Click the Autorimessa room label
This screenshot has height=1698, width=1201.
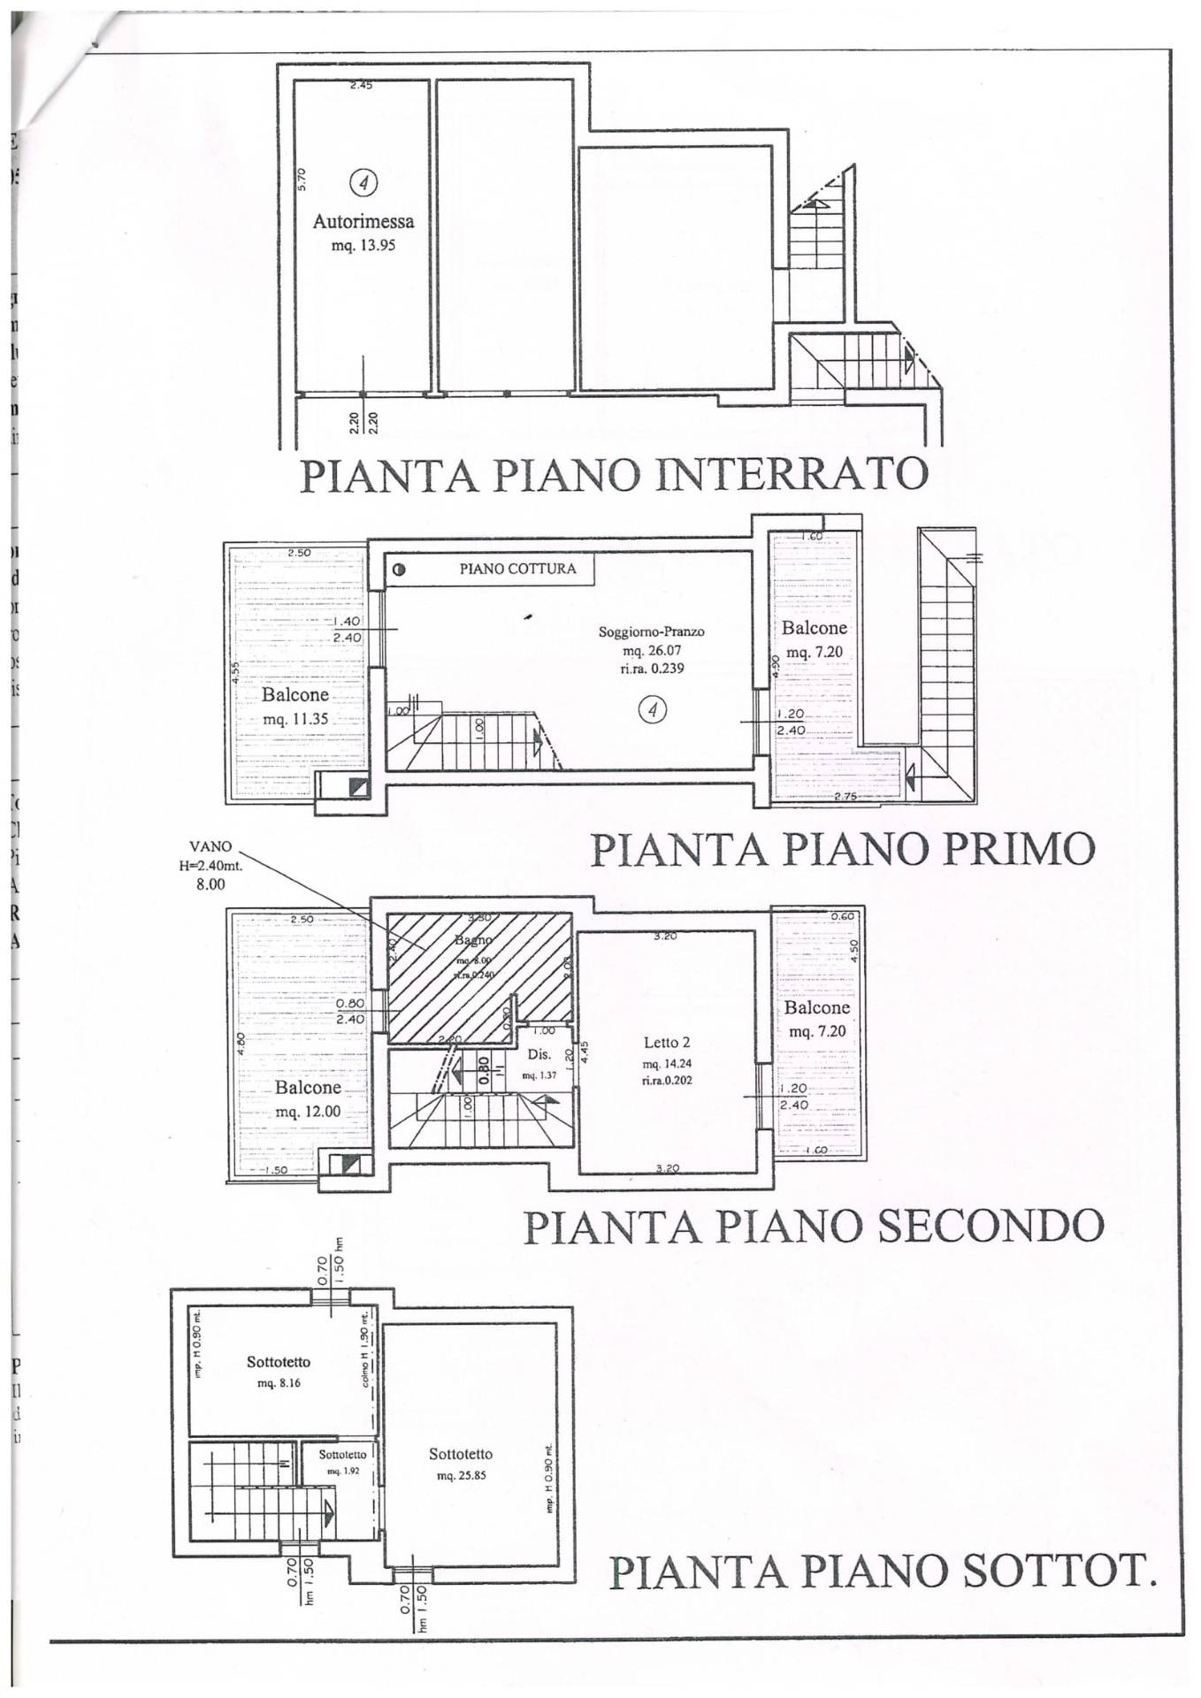(x=363, y=222)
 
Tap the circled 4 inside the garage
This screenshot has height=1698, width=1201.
(x=363, y=182)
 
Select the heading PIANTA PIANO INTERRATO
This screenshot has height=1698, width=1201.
(x=615, y=474)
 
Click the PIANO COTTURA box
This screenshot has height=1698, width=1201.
(x=517, y=569)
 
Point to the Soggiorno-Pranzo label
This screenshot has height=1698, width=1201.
(x=652, y=631)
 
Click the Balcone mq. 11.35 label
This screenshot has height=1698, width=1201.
(x=295, y=707)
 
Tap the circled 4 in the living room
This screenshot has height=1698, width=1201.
(x=653, y=709)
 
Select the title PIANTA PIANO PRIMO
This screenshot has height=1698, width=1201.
(x=842, y=849)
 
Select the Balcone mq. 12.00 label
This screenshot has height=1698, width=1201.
(x=308, y=1098)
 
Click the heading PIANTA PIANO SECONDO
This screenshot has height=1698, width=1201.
(x=814, y=1226)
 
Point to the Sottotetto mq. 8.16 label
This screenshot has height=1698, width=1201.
(x=279, y=1372)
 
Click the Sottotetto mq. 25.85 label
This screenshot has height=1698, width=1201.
(x=461, y=1464)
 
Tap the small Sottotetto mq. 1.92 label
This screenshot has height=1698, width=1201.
(x=342, y=1461)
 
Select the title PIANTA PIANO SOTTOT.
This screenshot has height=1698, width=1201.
(x=883, y=1571)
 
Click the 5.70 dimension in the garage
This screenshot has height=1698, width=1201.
(x=302, y=180)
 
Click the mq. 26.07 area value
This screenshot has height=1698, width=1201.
(x=652, y=650)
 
